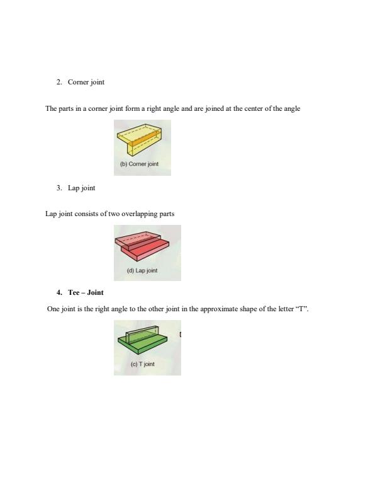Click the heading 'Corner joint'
click(86, 83)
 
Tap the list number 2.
click(59, 83)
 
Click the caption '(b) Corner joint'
click(139, 164)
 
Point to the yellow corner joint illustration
click(142, 141)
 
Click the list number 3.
click(59, 188)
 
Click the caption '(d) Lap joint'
click(142, 270)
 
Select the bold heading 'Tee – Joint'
click(86, 292)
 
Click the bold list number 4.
click(59, 292)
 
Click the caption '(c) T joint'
click(142, 364)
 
